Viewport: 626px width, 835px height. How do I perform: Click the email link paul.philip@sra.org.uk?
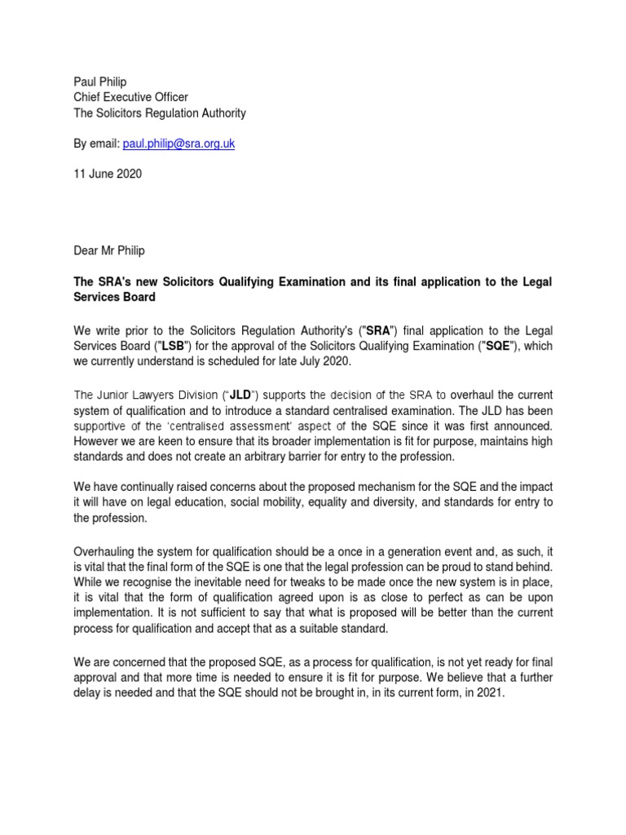click(179, 143)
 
